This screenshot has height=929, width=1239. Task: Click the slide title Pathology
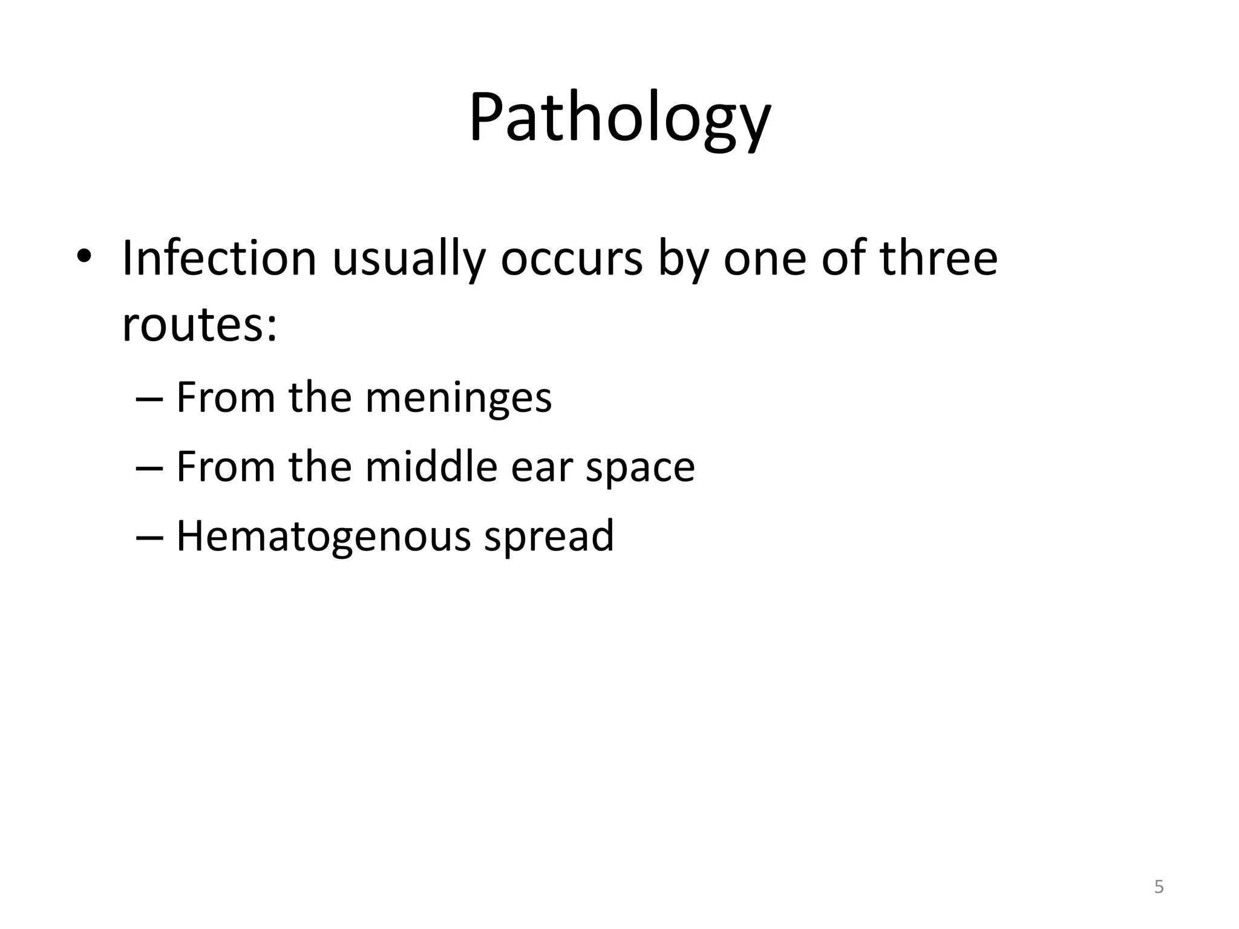[619, 118]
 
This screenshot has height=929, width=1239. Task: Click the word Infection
[219, 258]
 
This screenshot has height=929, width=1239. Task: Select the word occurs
[571, 258]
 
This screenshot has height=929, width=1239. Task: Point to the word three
[938, 258]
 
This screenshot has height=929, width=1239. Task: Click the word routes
[199, 325]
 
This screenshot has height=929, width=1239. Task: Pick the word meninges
[459, 399]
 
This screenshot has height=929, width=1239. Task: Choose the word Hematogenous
[323, 536]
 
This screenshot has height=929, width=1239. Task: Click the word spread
[549, 536]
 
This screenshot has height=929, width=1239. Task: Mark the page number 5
[1159, 887]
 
